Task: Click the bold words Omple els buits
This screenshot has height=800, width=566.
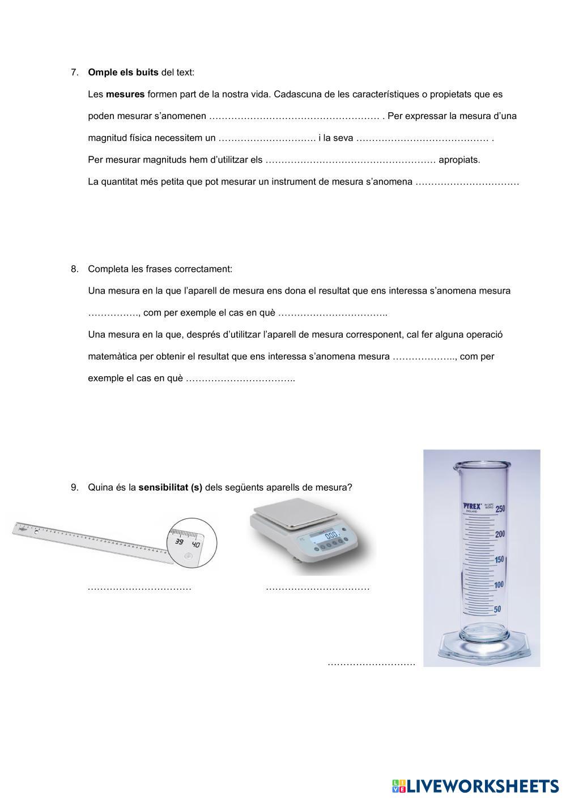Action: point(123,73)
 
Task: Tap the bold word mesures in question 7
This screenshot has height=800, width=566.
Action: point(125,94)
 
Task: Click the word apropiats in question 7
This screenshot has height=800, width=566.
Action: point(459,160)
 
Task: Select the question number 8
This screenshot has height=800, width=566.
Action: point(74,269)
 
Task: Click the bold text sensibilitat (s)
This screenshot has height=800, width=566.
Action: point(170,487)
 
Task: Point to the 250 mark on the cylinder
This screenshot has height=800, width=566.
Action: point(500,509)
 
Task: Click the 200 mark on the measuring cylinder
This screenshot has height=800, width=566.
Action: point(499,534)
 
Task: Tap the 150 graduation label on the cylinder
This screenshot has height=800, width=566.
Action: point(499,560)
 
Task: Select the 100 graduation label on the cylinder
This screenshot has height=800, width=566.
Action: point(498,585)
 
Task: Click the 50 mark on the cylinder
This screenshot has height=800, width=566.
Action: point(497,610)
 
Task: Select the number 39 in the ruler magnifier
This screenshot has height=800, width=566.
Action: point(179,542)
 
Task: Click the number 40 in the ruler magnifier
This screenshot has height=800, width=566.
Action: point(195,544)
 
